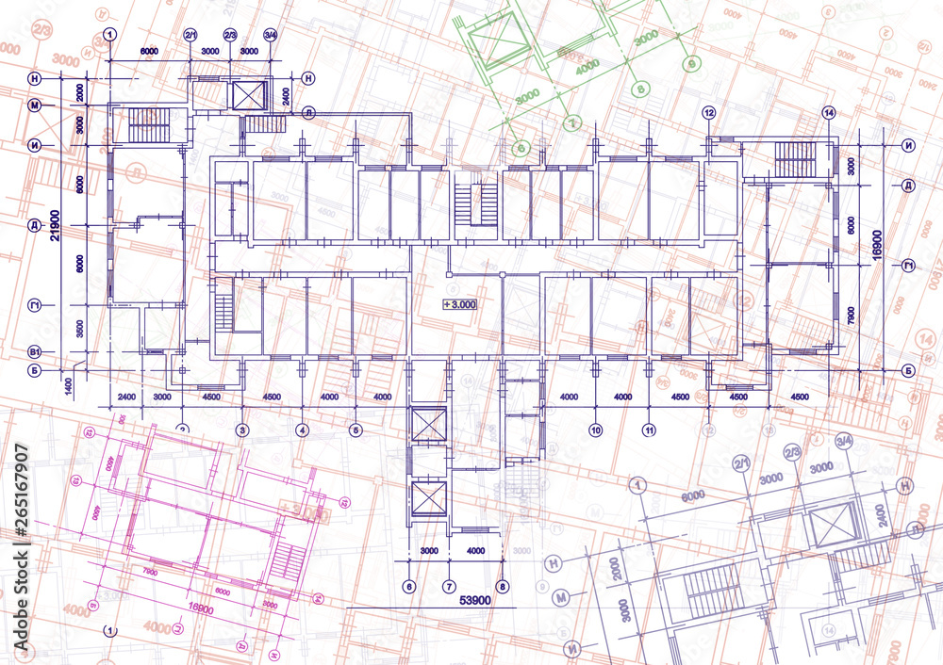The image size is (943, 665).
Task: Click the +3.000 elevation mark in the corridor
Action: coord(460,304)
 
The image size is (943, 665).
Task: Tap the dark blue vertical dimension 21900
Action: coord(56,225)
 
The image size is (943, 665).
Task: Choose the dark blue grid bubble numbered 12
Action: coord(709,113)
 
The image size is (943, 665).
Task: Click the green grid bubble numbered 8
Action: coord(642,89)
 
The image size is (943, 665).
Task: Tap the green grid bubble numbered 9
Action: coord(692,63)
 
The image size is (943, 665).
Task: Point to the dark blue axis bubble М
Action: coord(34,105)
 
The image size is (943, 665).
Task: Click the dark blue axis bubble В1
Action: coord(34,351)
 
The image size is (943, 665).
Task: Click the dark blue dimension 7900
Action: coord(852,313)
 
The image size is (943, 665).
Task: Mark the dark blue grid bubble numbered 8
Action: coord(503,587)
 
